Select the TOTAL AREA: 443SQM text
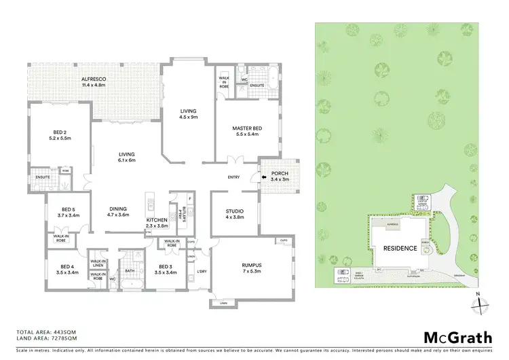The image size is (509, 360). (x=46, y=333)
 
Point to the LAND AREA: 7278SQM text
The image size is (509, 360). (x=46, y=339)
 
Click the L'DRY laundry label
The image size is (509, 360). (x=201, y=271)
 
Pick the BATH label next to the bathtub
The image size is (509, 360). (x=130, y=270)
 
